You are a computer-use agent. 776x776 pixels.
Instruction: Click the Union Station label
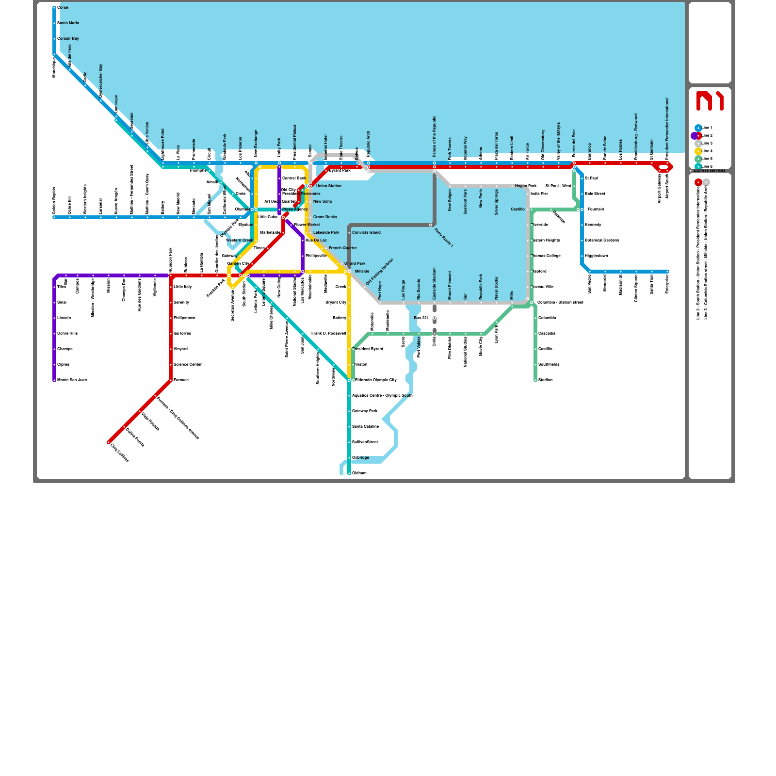pos(328,186)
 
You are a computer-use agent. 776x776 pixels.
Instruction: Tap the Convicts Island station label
pos(366,232)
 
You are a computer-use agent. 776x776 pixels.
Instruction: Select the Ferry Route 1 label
pos(443,238)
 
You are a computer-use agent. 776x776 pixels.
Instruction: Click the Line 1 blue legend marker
pos(698,128)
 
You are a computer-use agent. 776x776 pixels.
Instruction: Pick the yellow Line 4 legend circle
pos(698,151)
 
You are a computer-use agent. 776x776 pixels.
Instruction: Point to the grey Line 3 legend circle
pos(698,144)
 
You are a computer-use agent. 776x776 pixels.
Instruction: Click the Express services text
pos(709,171)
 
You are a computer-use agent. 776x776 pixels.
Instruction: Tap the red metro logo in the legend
pos(710,101)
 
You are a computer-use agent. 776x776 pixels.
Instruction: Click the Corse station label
pos(63,7)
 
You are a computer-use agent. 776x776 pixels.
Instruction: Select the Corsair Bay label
pos(68,38)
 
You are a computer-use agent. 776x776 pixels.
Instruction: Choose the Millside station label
pos(362,271)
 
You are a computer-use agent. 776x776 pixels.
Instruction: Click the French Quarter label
pos(342,248)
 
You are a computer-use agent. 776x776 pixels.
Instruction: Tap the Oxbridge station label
pos(360,457)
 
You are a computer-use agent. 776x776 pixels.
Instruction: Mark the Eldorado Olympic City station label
pos(375,380)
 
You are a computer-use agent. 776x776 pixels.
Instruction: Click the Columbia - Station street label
pos(560,302)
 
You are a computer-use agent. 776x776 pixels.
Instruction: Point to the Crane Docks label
pos(325,217)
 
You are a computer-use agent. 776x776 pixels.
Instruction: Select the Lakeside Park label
pos(326,232)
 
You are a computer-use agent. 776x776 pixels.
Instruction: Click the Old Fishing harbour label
pos(380,272)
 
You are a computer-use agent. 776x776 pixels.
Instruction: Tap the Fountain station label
pos(596,209)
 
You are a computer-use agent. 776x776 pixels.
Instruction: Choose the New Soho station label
pos(323,201)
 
